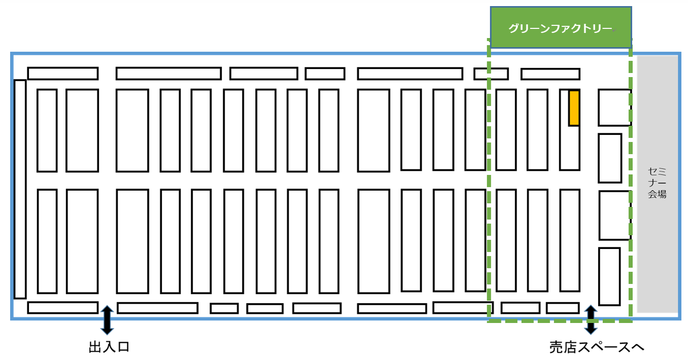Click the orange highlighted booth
pyautogui.click(x=574, y=107)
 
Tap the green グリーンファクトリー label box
pyautogui.click(x=561, y=28)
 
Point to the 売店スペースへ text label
pyautogui.click(x=597, y=347)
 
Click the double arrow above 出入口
pyautogui.click(x=107, y=319)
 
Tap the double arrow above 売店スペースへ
pyautogui.click(x=591, y=319)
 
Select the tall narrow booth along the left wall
pyautogui.click(x=20, y=189)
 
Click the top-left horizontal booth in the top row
pyautogui.click(x=62, y=74)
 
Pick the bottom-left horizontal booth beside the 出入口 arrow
pyautogui.click(x=62, y=307)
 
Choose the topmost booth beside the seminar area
pyautogui.click(x=614, y=107)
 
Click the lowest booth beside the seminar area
pyautogui.click(x=609, y=276)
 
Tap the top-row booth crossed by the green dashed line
pyautogui.click(x=491, y=74)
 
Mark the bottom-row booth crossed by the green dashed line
pyautogui.click(x=462, y=307)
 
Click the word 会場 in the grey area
pyautogui.click(x=657, y=194)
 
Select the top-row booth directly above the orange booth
pyautogui.click(x=550, y=74)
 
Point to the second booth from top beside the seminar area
pyautogui.click(x=609, y=158)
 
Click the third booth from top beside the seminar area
pyautogui.click(x=614, y=215)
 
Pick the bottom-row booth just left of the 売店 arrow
pyautogui.click(x=562, y=308)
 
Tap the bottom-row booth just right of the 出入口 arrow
pyautogui.click(x=157, y=308)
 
